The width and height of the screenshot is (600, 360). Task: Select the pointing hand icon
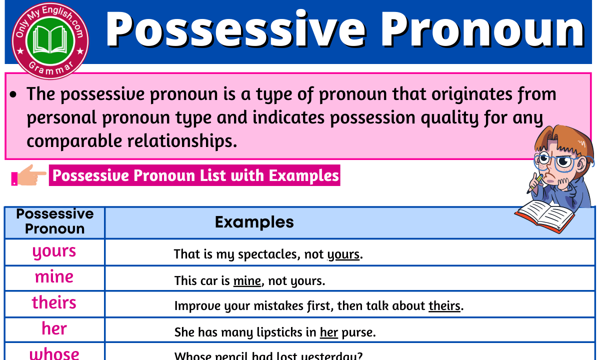(28, 175)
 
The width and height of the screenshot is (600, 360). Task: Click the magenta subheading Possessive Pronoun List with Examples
(194, 175)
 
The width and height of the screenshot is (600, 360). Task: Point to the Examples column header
(254, 222)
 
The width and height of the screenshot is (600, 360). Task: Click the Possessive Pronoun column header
(54, 221)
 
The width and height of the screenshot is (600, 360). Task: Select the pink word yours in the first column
(54, 251)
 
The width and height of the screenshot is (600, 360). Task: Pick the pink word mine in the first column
(54, 277)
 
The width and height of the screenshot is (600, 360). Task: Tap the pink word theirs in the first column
(54, 303)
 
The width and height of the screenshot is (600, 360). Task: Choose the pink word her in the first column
(54, 329)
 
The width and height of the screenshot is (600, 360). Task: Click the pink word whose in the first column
(54, 353)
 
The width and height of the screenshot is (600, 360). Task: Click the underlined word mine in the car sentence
(247, 281)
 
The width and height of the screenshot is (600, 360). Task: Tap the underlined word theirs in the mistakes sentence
(444, 306)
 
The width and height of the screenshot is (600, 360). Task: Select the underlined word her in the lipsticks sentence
(329, 332)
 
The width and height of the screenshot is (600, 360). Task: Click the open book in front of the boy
(545, 216)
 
